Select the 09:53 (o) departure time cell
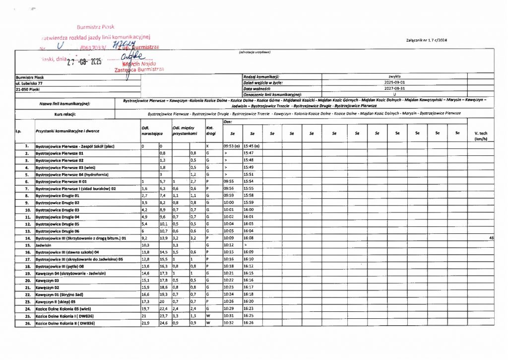(x=232, y=146)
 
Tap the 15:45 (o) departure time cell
(x=252, y=146)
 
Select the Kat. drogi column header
(x=209, y=131)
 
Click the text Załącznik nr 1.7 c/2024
(x=426, y=40)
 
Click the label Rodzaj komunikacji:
(x=261, y=76)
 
